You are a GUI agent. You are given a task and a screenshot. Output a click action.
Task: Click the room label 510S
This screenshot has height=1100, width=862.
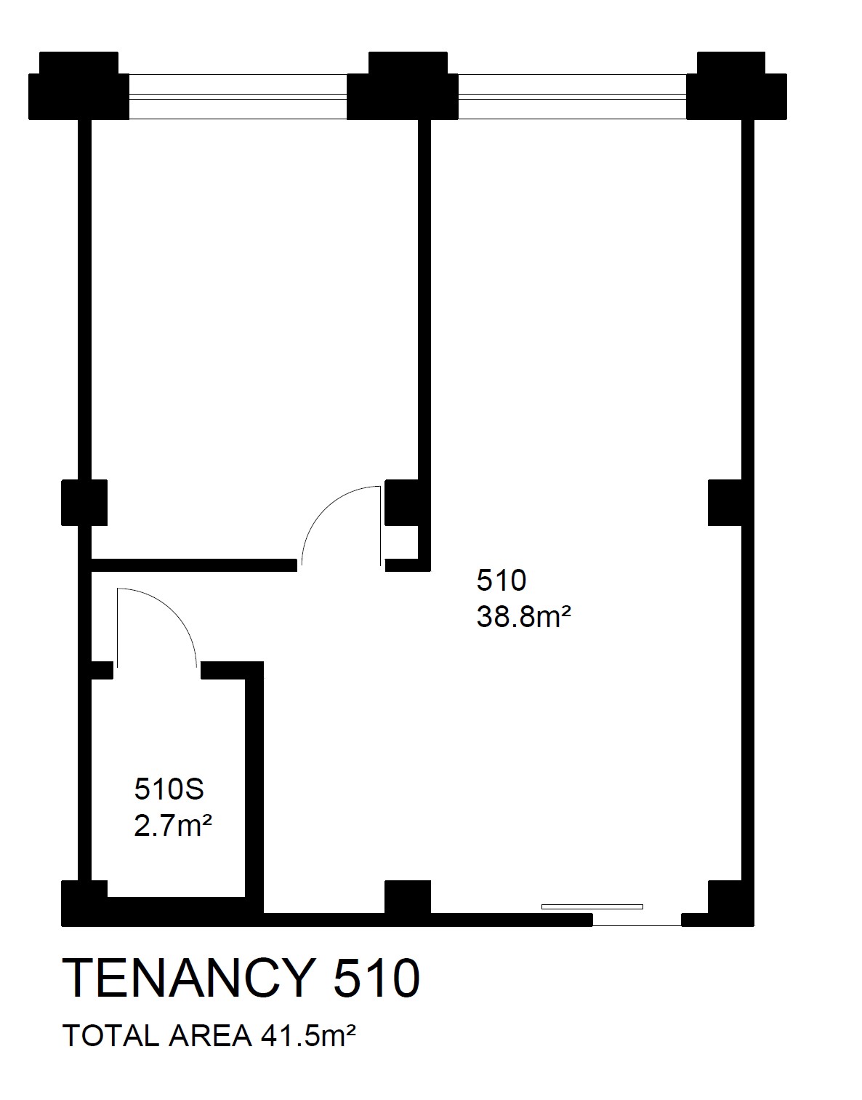click(x=169, y=789)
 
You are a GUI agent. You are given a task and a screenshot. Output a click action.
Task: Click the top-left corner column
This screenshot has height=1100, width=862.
click(x=79, y=86)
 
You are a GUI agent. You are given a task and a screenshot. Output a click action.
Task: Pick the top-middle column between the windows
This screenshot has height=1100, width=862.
click(x=403, y=86)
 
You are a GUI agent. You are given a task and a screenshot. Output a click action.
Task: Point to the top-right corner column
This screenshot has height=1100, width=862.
click(x=736, y=86)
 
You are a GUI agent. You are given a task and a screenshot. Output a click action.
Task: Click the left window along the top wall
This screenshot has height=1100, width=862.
click(x=238, y=97)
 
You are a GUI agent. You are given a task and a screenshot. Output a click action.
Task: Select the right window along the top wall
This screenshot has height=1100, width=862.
click(x=572, y=97)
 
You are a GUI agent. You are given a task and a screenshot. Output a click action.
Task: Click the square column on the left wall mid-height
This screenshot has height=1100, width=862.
click(x=84, y=503)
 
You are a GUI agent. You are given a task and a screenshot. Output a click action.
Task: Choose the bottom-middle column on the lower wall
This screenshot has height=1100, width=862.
click(x=408, y=898)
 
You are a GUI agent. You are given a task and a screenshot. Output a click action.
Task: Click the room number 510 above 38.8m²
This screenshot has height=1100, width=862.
click(x=502, y=580)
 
